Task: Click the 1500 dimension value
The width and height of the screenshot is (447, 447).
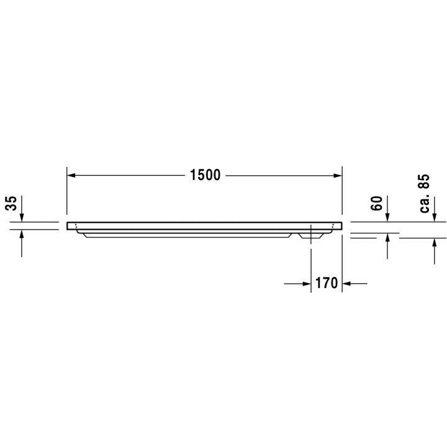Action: click(205, 176)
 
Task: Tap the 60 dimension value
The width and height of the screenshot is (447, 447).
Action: click(377, 203)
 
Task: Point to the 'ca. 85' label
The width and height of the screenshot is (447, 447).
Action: click(424, 193)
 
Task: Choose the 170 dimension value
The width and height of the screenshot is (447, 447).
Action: click(325, 284)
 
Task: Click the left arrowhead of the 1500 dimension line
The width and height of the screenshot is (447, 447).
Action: click(71, 176)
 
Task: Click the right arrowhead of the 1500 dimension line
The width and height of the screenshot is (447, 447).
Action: click(338, 176)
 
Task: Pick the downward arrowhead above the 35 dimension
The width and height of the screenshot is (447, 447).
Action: click(22, 217)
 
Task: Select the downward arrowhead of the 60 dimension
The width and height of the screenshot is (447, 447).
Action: click(387, 217)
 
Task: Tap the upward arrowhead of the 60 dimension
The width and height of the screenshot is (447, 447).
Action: click(387, 238)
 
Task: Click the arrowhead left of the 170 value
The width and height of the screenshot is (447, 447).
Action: click(307, 284)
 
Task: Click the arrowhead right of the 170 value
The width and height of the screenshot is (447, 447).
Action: click(346, 284)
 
